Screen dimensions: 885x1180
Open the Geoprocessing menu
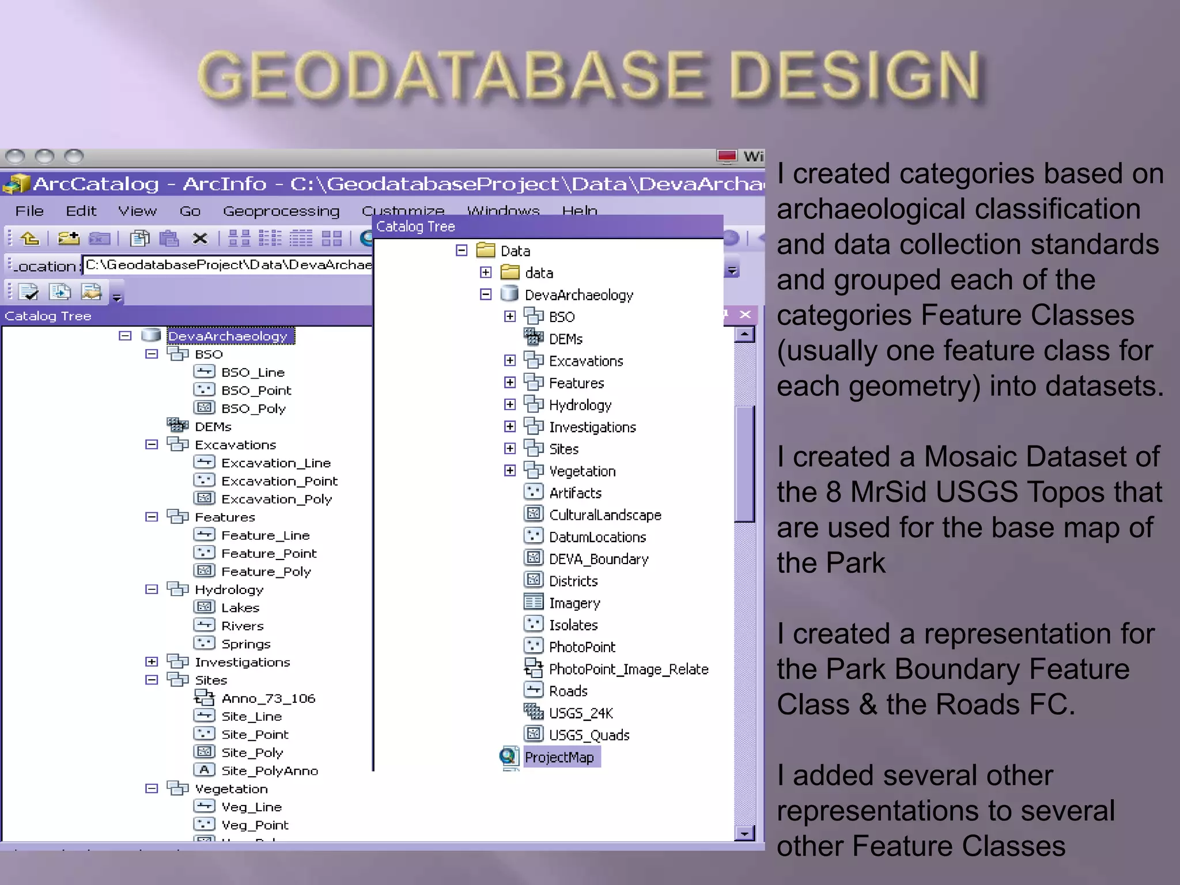click(281, 211)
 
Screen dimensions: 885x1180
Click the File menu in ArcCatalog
click(29, 211)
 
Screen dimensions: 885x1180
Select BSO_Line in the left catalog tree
click(252, 373)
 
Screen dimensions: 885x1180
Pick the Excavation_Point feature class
click(279, 481)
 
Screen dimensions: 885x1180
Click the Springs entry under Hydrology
click(245, 644)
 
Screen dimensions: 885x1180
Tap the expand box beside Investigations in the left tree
click(152, 662)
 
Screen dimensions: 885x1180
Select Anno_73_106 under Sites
click(268, 699)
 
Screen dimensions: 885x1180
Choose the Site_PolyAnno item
click(269, 771)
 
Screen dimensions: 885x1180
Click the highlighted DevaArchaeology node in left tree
click(228, 336)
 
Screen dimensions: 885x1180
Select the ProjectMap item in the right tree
click(559, 758)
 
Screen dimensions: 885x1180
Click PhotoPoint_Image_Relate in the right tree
click(628, 670)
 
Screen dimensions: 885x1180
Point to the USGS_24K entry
click(580, 713)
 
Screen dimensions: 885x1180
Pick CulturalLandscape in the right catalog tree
click(604, 515)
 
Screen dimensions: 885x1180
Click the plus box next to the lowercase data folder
click(486, 273)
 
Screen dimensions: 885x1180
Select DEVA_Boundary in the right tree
click(598, 559)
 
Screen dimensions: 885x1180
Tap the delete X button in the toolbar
click(200, 239)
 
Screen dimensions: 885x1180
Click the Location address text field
click(228, 265)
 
